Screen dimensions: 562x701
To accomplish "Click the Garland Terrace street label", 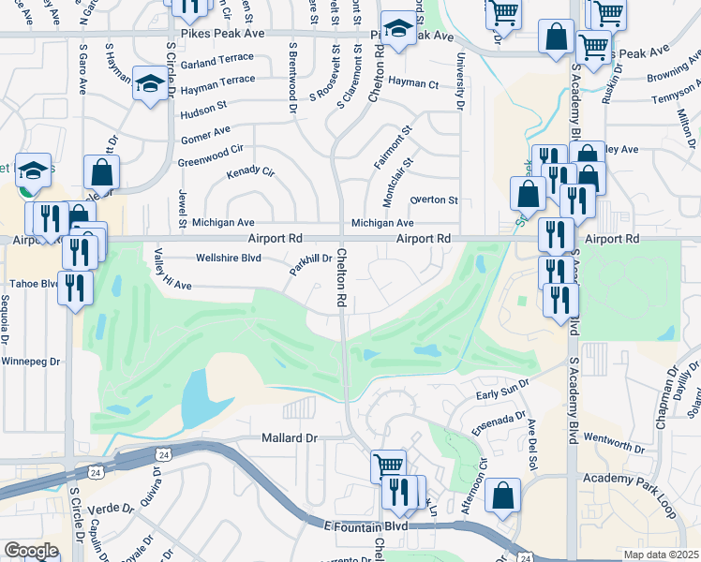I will coord(217,63).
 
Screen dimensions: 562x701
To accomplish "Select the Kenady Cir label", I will coord(250,173).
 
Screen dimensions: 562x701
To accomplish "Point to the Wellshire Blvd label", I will coord(227,258).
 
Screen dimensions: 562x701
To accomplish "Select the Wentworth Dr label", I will coord(614,438).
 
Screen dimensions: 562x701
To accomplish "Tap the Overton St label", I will coord(434,200).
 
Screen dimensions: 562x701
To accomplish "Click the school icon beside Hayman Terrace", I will coord(150,82).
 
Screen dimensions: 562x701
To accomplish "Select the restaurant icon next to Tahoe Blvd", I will coord(75,287).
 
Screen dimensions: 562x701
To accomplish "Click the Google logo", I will coord(30,551).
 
